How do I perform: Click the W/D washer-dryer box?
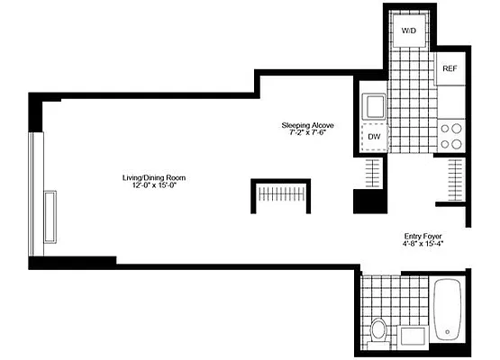[409, 31]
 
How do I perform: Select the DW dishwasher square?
[372, 139]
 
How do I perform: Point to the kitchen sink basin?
[371, 106]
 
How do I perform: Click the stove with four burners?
[450, 136]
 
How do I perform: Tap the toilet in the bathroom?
[378, 330]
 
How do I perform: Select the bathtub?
[446, 310]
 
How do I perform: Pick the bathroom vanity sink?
[414, 337]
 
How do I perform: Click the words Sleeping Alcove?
[307, 127]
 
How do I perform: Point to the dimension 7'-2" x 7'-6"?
[307, 135]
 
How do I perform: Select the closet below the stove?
[455, 178]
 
